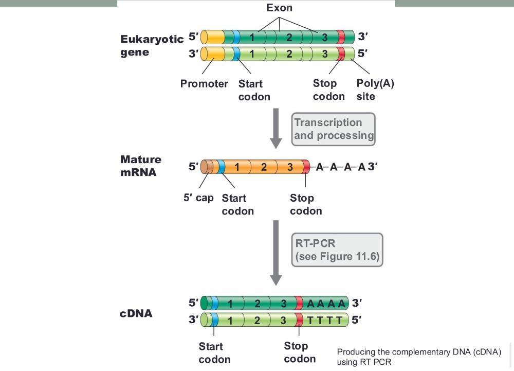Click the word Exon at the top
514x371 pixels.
[x=279, y=8]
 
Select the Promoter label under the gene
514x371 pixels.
[x=204, y=83]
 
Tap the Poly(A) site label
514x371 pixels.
[x=375, y=90]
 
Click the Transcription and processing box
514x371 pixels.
[x=334, y=129]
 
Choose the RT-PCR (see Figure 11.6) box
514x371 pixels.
[x=337, y=250]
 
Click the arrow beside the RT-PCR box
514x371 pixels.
[x=277, y=252]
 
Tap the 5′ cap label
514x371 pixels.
[x=198, y=198]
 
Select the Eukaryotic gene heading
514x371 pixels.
[x=152, y=46]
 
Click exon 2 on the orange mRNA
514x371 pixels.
[x=264, y=167]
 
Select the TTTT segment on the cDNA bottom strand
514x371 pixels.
[x=325, y=321]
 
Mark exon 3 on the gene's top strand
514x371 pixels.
[x=324, y=37]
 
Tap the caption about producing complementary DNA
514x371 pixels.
[x=419, y=357]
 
